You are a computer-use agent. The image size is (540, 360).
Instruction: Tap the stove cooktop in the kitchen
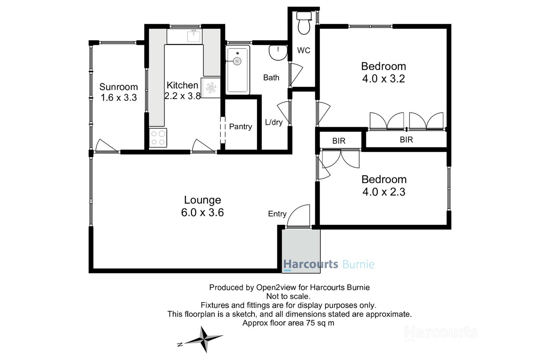coord(158,138)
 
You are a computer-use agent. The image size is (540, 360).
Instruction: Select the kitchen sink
coord(194,36)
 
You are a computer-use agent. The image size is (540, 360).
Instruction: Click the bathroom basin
coord(278,53)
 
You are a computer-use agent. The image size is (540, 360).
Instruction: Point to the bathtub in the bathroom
coord(238,70)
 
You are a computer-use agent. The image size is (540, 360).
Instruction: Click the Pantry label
coord(240,127)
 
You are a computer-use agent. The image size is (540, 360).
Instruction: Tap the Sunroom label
coord(118,87)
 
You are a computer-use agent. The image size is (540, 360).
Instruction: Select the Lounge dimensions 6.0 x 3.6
coord(202,212)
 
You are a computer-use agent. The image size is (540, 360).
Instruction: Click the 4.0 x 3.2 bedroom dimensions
coord(383,79)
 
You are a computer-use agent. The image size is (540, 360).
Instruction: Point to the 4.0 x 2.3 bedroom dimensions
coord(384,192)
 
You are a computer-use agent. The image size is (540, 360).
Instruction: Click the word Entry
coord(277,214)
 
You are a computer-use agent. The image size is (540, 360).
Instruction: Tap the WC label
coord(303,50)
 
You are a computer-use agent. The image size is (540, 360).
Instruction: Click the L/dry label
coord(274,122)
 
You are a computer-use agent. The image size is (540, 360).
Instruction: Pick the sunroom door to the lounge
coord(106,146)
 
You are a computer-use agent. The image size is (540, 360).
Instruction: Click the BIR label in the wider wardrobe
coord(406,140)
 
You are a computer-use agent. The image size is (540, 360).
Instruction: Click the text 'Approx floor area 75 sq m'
coord(288,323)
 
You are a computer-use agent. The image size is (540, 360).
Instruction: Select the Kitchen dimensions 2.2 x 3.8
coord(183,96)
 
